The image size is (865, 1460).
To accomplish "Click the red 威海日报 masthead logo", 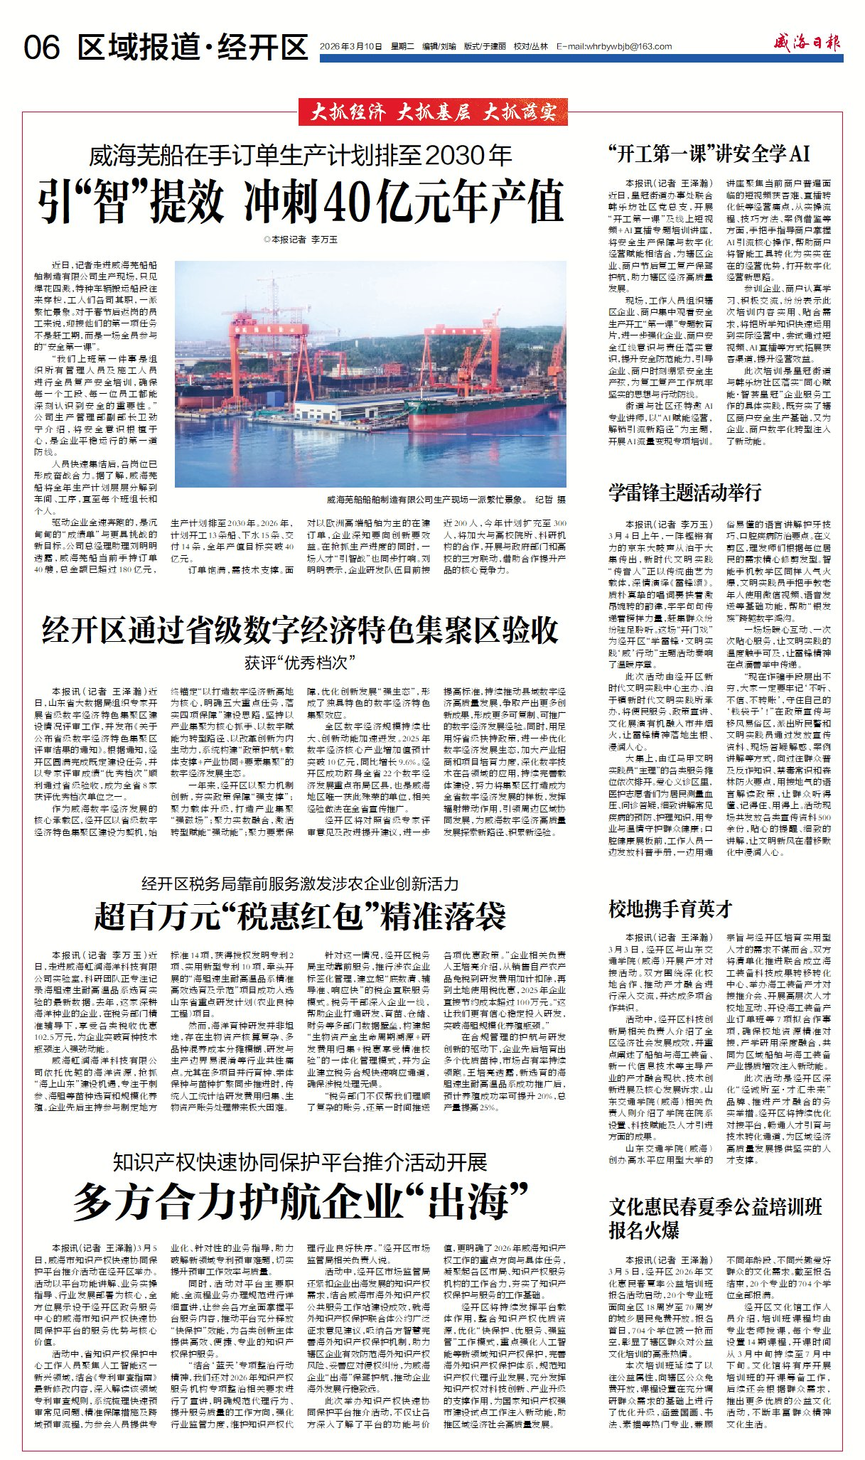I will pyautogui.click(x=807, y=43).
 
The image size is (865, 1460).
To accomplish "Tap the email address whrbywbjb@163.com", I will pyautogui.click(x=614, y=47).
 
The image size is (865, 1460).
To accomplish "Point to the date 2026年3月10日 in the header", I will pyautogui.click(x=351, y=47).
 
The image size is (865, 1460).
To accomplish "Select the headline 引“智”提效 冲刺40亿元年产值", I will pyautogui.click(x=301, y=201).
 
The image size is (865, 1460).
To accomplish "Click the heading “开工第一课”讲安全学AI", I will pyautogui.click(x=709, y=154).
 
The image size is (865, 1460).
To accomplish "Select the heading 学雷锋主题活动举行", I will pyautogui.click(x=684, y=492).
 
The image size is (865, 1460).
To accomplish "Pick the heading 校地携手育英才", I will pyautogui.click(x=670, y=908).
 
